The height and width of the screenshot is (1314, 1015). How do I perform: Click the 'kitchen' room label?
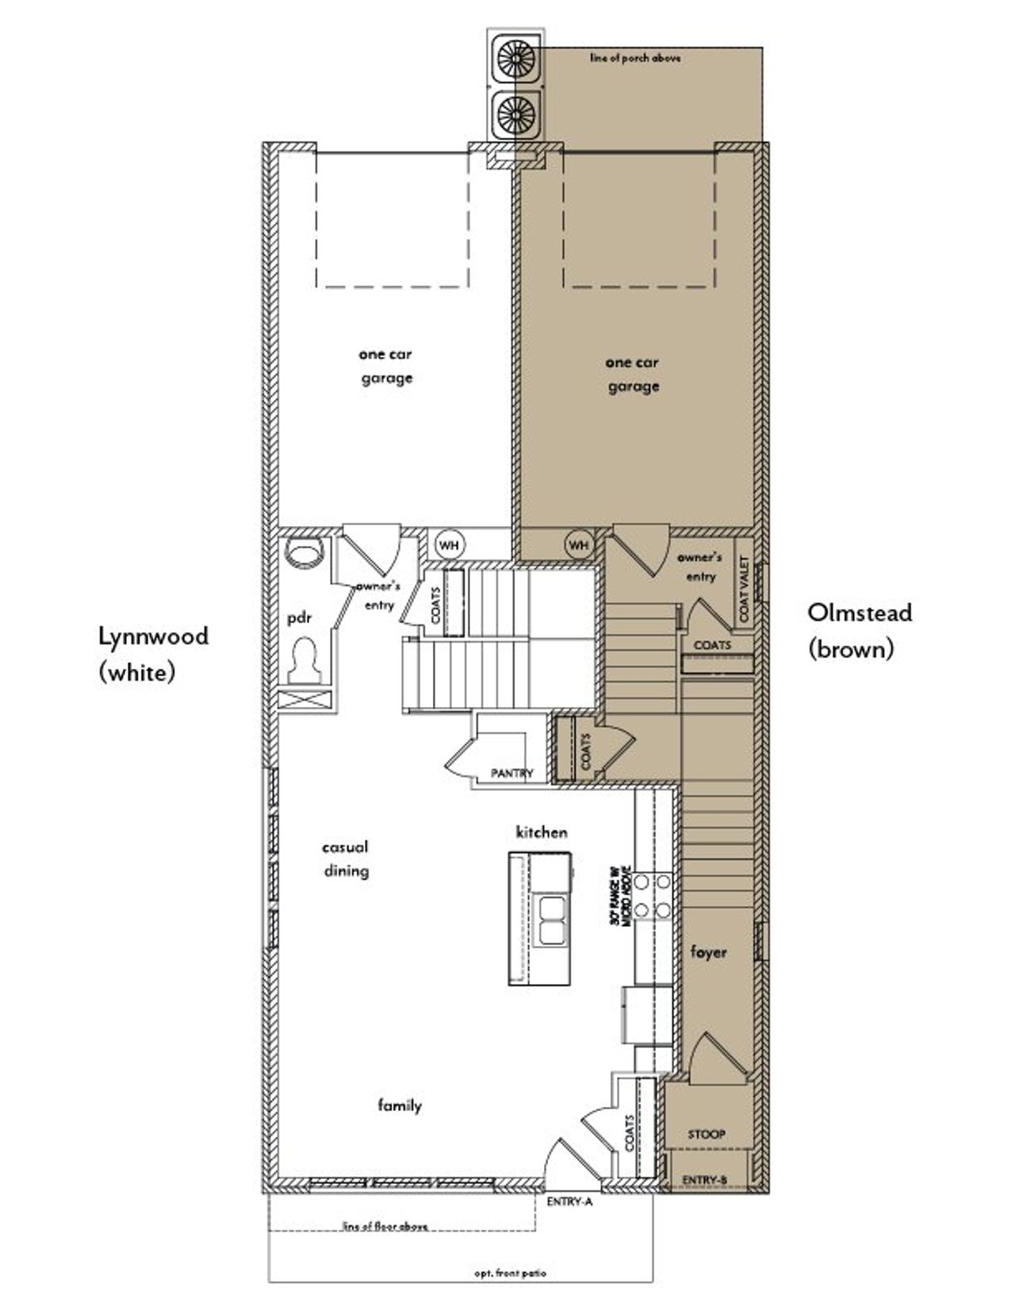542,832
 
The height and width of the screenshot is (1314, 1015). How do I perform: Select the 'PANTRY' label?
512,773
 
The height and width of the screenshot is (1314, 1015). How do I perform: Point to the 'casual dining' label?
346,859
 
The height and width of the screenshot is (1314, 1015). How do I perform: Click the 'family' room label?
400,1105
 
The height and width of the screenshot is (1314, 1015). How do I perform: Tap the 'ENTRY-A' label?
569,1201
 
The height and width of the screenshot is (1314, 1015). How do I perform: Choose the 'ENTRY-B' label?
704,1181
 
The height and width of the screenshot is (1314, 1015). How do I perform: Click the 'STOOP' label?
706,1134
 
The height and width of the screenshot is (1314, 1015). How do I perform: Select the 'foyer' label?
708,951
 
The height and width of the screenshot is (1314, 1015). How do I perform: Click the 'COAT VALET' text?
744,589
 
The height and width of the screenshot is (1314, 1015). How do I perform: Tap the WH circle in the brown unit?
579,545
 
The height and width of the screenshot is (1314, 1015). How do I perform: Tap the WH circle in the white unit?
450,545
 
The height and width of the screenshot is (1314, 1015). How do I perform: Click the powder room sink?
304,552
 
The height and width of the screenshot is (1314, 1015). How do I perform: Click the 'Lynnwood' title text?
153,636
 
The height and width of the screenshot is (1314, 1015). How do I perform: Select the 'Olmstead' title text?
860,612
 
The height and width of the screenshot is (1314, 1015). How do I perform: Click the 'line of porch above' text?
635,58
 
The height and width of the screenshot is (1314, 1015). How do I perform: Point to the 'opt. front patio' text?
510,1273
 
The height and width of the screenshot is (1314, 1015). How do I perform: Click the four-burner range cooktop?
655,895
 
